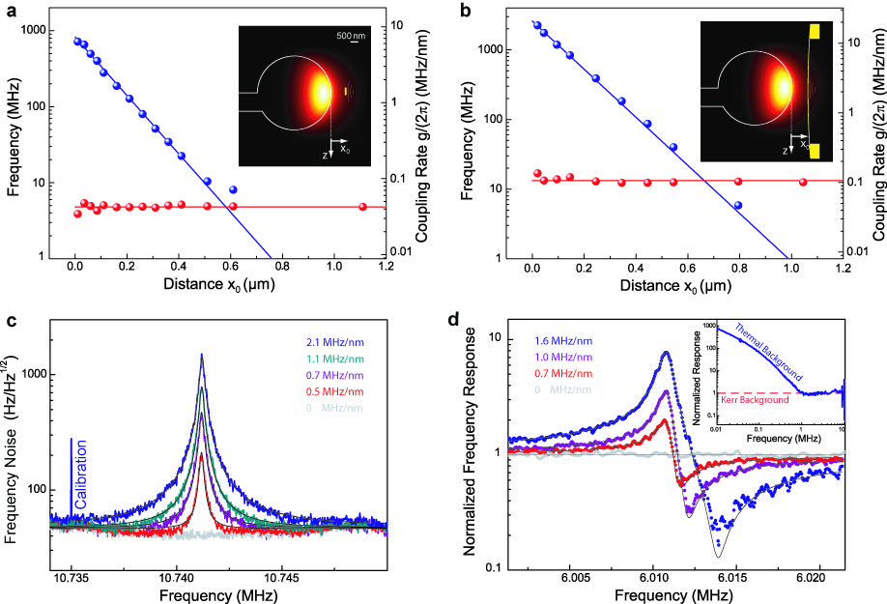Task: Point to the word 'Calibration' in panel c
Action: (x=82, y=475)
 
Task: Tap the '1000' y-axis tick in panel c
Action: (x=49, y=374)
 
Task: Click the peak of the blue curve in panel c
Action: (x=202, y=355)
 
